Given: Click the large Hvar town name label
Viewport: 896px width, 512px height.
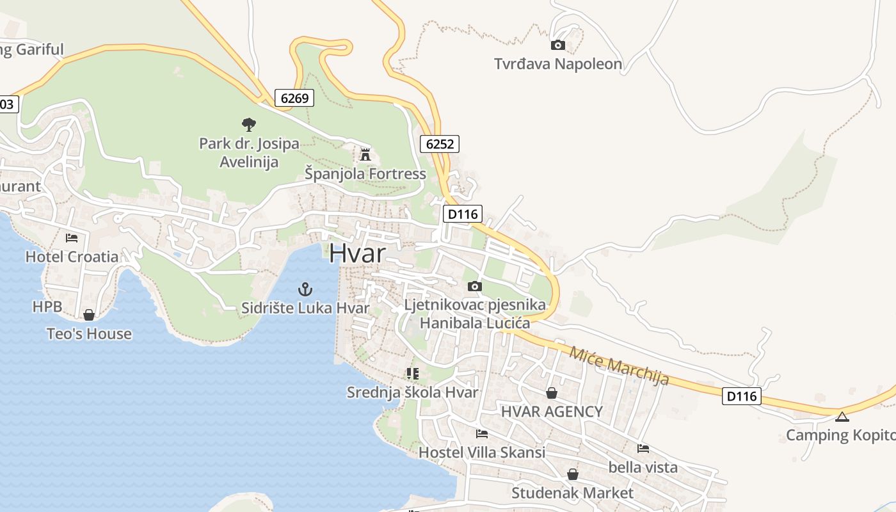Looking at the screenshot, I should pos(358,253).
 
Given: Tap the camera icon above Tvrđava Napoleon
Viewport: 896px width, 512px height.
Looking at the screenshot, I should pos(558,45).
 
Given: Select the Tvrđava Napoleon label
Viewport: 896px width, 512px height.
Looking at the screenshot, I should pos(558,64).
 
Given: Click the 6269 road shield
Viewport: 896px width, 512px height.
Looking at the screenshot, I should pos(294,98).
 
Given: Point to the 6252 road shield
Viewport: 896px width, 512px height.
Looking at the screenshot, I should pos(440,144).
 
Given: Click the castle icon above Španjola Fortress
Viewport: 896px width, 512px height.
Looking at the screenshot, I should pos(365,154).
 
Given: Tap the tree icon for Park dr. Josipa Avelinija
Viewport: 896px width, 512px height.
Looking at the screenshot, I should pos(249,124).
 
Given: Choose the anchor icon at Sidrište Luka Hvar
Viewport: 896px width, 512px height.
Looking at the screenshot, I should pos(305,289).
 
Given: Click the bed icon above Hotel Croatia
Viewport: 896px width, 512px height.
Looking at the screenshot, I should pos(72,238).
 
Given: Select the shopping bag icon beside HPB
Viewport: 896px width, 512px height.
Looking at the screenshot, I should pos(89,315).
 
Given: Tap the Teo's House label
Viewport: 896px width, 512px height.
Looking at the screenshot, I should pos(89,333).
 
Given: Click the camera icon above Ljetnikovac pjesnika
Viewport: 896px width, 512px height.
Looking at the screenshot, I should pos(475,286).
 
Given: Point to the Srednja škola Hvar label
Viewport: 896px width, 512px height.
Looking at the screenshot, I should pos(412,392).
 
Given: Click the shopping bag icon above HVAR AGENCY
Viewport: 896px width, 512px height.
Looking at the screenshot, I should pos(552,393).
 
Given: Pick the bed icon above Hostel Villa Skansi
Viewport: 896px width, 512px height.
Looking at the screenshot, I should pos(482,434).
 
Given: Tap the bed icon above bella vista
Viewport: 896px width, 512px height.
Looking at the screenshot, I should pos(643,449).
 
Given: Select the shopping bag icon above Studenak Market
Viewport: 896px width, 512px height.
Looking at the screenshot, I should pos(573,474).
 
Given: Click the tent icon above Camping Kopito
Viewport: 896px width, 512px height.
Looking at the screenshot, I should pos(842,417).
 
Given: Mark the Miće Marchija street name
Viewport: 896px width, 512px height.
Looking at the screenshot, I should pos(619,365).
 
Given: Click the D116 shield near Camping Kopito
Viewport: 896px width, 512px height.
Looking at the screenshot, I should pos(742,396).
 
